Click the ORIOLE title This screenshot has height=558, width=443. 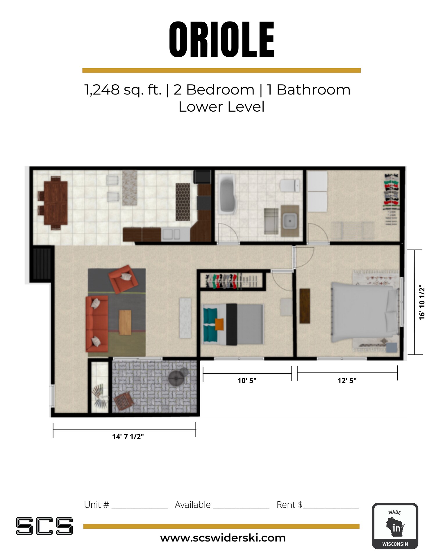(222, 40)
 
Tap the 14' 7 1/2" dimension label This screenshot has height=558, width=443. (128, 437)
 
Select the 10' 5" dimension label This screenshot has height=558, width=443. (247, 380)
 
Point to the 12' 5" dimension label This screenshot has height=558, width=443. (347, 380)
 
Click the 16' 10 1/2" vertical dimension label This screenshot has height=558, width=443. (422, 302)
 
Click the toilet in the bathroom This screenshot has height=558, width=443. (290, 185)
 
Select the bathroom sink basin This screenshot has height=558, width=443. (290, 221)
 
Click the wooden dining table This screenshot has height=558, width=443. (56, 202)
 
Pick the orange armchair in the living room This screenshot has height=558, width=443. (123, 279)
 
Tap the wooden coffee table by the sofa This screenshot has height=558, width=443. (125, 322)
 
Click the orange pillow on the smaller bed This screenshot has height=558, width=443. (219, 324)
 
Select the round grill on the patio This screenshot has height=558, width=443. (176, 378)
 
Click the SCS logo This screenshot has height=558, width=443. (44, 526)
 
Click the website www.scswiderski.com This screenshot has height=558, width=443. (223, 538)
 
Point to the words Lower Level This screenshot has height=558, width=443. (221, 107)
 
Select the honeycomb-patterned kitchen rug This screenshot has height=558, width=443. (183, 202)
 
